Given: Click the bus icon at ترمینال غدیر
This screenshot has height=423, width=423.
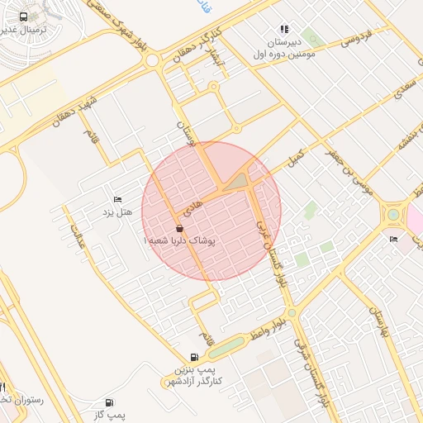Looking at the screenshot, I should click(x=21, y=17).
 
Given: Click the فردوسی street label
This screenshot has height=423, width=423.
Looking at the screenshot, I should click(x=357, y=38).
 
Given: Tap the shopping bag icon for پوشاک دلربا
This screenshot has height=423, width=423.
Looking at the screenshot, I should click(x=180, y=228).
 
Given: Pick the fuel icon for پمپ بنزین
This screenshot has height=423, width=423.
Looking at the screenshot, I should click(x=194, y=357).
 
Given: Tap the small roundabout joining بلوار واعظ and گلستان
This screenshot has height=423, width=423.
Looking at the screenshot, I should click(x=292, y=313).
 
